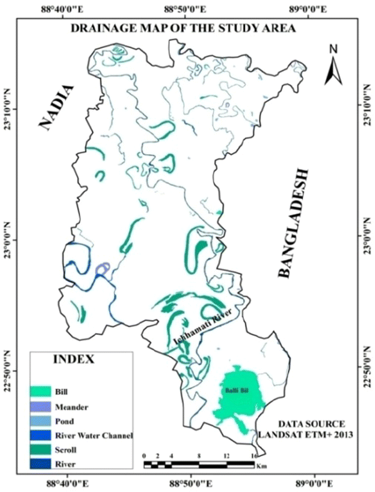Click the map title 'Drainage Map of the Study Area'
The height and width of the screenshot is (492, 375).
click(x=183, y=28)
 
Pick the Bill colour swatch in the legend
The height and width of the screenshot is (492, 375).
click(x=41, y=391)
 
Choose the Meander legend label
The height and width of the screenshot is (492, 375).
click(x=71, y=406)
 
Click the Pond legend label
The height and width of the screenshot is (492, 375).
click(x=65, y=420)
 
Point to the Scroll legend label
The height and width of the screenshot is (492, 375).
click(x=66, y=448)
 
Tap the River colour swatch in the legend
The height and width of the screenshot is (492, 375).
click(x=41, y=462)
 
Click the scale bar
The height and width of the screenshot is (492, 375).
click(x=199, y=465)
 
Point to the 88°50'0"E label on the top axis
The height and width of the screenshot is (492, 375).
click(x=186, y=9)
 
